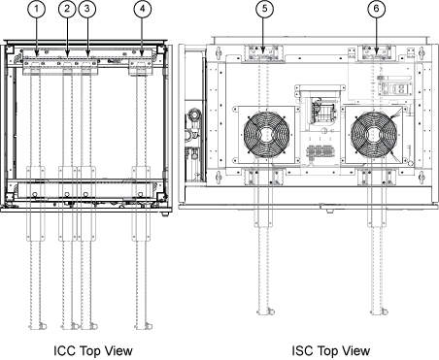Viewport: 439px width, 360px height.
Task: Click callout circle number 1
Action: click(36, 9)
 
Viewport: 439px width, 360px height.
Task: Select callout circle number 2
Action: click(67, 9)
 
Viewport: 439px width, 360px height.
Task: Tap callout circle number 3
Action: click(86, 9)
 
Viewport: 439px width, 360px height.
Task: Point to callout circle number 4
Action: click(143, 9)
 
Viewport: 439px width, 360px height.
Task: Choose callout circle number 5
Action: click(264, 9)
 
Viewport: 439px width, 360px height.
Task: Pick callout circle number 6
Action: click(376, 9)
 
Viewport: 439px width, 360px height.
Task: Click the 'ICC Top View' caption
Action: click(93, 350)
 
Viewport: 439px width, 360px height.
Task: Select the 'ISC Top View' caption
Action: click(331, 350)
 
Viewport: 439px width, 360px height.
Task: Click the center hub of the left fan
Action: click(266, 134)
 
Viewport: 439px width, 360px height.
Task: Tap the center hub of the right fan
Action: click(374, 134)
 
